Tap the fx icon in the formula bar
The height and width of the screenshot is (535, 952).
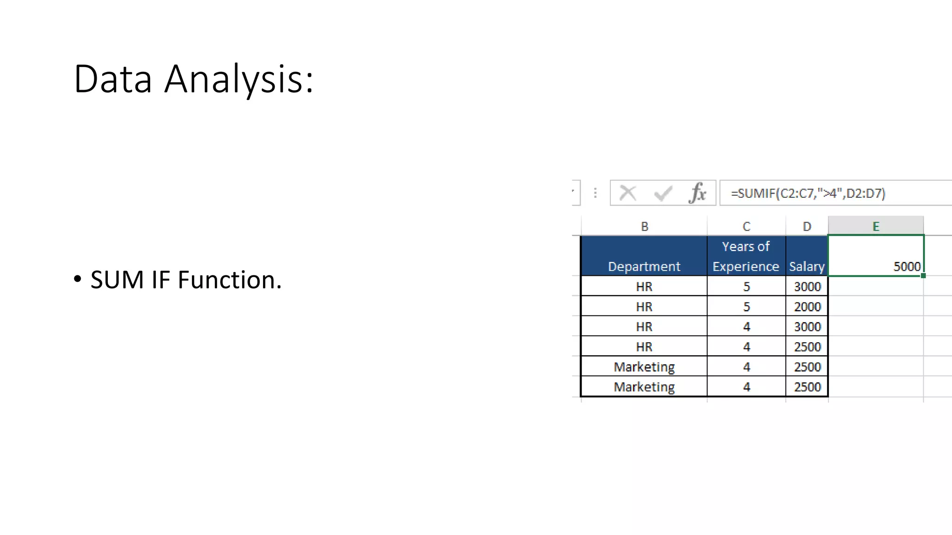[697, 193]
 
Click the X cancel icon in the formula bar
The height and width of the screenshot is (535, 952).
[628, 193]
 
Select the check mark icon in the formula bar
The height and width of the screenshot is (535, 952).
[663, 193]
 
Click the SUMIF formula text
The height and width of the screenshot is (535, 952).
[808, 193]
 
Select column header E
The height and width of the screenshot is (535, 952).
[876, 226]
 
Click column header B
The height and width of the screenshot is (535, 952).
[644, 226]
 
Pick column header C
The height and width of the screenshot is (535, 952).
[746, 226]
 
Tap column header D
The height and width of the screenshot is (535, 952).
[807, 226]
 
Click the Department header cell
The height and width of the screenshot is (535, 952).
[644, 266]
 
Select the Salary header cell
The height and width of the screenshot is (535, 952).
[807, 266]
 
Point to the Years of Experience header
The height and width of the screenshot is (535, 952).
[746, 256]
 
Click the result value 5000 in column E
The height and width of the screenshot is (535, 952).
[906, 266]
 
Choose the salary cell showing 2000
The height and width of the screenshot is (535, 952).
[807, 307]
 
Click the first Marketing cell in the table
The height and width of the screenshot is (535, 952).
[644, 367]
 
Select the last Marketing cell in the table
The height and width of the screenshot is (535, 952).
[644, 387]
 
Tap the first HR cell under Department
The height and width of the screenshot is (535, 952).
[644, 287]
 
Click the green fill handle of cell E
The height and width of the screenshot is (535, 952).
[923, 276]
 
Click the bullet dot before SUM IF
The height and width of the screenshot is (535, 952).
[78, 279]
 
